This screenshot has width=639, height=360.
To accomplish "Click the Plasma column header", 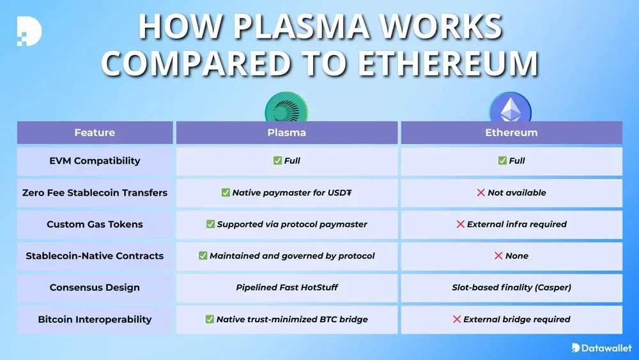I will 286,133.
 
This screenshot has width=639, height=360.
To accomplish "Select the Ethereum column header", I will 511,133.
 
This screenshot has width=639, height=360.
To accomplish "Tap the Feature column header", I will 95,133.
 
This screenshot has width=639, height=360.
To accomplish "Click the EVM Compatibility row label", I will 95,161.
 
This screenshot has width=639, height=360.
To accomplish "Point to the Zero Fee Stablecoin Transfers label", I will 95,192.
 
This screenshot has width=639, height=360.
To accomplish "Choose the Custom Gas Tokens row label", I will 95,224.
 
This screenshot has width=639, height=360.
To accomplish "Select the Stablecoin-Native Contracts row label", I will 95,256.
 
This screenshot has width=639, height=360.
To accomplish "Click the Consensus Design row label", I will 95,288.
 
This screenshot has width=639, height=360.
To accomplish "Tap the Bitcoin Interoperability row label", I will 95,319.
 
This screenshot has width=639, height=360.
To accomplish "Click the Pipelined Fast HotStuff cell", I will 287,288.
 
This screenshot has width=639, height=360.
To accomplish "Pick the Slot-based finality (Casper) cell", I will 511,288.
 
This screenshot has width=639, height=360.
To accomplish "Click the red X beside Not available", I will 481,192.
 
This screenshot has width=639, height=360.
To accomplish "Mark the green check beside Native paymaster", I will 226,192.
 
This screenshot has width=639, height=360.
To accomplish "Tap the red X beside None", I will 498,256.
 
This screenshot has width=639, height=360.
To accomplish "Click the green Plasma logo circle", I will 286,107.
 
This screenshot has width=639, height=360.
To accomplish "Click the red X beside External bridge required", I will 457,319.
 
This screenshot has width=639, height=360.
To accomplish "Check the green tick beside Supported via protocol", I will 210,224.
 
